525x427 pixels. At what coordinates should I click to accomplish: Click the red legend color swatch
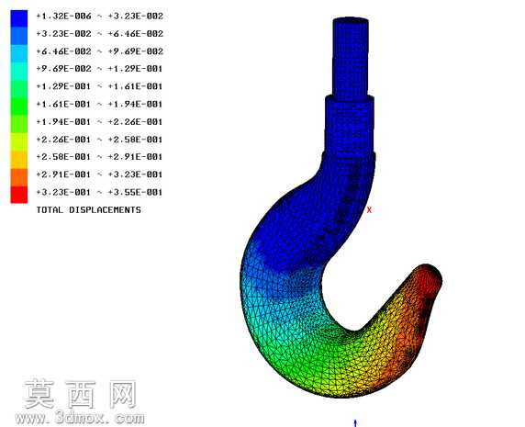[18, 195]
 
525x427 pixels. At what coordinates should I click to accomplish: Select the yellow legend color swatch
[18, 141]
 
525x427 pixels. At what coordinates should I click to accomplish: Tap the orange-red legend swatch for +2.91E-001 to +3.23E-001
[18, 177]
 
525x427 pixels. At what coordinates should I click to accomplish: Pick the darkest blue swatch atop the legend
[18, 18]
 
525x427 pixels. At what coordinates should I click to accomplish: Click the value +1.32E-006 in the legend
[63, 17]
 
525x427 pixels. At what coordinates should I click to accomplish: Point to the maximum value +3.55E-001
[135, 192]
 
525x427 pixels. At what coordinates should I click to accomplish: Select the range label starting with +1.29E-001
[99, 86]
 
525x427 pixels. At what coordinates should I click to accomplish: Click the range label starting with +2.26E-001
[99, 140]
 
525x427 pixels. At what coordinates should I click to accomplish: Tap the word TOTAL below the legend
[50, 210]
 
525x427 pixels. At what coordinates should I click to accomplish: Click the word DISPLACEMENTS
[106, 210]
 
